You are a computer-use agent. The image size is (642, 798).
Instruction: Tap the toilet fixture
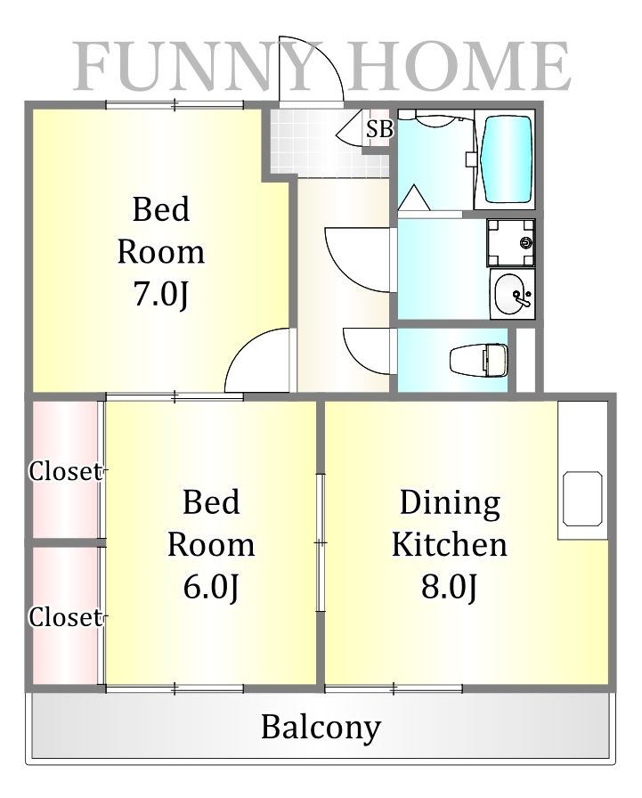point(479,361)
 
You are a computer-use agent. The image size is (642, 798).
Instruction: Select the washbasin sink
point(513,295)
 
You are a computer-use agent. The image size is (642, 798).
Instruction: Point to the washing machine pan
point(511,243)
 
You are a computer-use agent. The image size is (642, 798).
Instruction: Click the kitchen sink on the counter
point(582,499)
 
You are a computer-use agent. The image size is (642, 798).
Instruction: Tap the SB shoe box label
point(379,129)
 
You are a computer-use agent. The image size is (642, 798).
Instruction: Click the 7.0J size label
point(160,294)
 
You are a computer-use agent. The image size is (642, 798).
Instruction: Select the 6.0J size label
point(211,587)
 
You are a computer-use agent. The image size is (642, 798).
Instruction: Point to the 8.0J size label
point(449,587)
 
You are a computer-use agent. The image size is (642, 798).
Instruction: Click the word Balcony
point(321,728)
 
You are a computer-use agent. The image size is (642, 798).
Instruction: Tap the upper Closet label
point(65,471)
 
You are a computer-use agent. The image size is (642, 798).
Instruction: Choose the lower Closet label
point(65,617)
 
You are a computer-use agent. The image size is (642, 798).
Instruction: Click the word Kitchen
point(449,544)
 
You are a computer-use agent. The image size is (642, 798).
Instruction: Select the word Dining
point(450,504)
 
